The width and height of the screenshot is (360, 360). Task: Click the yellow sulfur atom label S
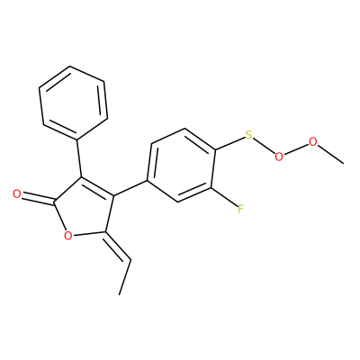[x=248, y=135]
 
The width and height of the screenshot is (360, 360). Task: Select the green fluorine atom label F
[x=240, y=209]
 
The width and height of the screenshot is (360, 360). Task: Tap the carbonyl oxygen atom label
[x=17, y=194]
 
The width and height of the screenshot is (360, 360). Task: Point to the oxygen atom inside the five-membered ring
[x=68, y=236]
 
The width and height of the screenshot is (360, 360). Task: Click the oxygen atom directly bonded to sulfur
[x=279, y=157]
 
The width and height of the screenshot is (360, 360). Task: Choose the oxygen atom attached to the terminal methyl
[x=312, y=141]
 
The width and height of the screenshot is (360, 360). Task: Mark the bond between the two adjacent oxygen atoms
[x=296, y=148]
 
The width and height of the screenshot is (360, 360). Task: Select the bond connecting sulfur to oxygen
[x=264, y=146]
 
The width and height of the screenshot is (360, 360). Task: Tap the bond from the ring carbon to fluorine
[x=225, y=197]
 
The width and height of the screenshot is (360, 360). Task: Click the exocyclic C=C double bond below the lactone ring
[x=118, y=246]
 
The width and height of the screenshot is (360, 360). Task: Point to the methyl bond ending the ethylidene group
[x=125, y=276]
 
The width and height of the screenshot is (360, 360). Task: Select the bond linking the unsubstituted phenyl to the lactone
[x=79, y=158]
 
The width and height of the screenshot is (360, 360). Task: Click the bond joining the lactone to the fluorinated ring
[x=130, y=188]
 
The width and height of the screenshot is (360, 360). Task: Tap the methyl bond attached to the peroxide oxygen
[x=330, y=154]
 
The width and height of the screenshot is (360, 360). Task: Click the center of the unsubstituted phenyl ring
[x=74, y=103]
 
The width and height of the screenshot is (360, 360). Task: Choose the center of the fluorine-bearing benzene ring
[x=181, y=166]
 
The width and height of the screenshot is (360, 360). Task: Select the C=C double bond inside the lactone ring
[x=97, y=187]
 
